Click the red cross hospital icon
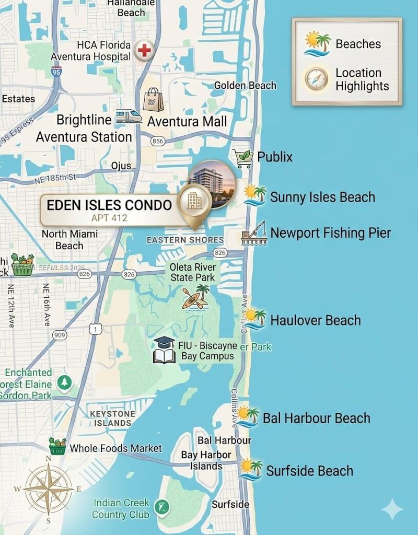(x=144, y=51)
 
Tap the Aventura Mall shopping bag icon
(x=154, y=99)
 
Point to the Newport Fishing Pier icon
(x=254, y=233)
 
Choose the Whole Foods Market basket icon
(x=57, y=446)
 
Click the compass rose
(x=48, y=489)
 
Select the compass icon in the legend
(x=317, y=79)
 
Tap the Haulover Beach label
(x=315, y=320)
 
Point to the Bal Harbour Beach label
(x=316, y=418)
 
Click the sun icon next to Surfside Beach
(x=251, y=469)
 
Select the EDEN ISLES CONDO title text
(x=109, y=205)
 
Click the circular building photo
(x=212, y=184)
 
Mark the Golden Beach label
(x=245, y=85)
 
